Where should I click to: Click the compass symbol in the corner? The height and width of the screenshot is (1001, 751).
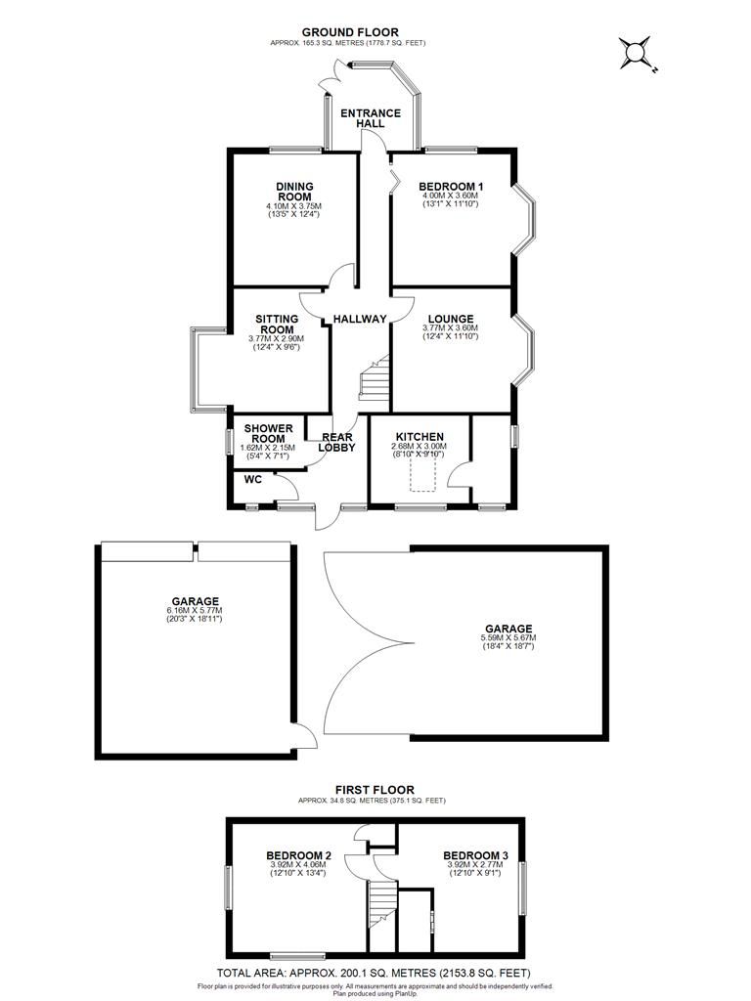pyautogui.click(x=636, y=53)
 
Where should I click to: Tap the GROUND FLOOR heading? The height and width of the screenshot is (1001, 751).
pyautogui.click(x=350, y=32)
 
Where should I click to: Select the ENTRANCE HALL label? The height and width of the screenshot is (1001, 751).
pyautogui.click(x=371, y=118)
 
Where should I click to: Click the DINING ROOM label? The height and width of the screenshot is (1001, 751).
pyautogui.click(x=294, y=192)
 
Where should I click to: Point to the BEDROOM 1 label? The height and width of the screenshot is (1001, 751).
pyautogui.click(x=451, y=187)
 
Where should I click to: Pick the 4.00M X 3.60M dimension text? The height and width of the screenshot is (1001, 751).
pyautogui.click(x=451, y=196)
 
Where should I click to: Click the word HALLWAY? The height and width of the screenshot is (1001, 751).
pyautogui.click(x=360, y=319)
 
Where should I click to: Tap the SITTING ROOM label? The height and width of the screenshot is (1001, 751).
pyautogui.click(x=277, y=324)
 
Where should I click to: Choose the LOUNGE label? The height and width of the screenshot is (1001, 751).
pyautogui.click(x=451, y=319)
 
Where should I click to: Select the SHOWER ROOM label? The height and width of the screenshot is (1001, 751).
pyautogui.click(x=268, y=433)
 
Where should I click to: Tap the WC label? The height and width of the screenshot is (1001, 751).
pyautogui.click(x=253, y=479)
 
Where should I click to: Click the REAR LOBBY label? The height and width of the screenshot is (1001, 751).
pyautogui.click(x=336, y=442)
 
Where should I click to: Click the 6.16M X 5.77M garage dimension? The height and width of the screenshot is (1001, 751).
pyautogui.click(x=195, y=610)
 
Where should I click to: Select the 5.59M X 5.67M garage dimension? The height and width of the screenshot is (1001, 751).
pyautogui.click(x=508, y=637)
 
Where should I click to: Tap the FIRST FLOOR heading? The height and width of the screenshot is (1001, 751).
pyautogui.click(x=375, y=790)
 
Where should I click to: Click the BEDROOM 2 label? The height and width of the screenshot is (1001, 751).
pyautogui.click(x=298, y=855)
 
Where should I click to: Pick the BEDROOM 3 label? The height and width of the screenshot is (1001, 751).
pyautogui.click(x=476, y=855)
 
